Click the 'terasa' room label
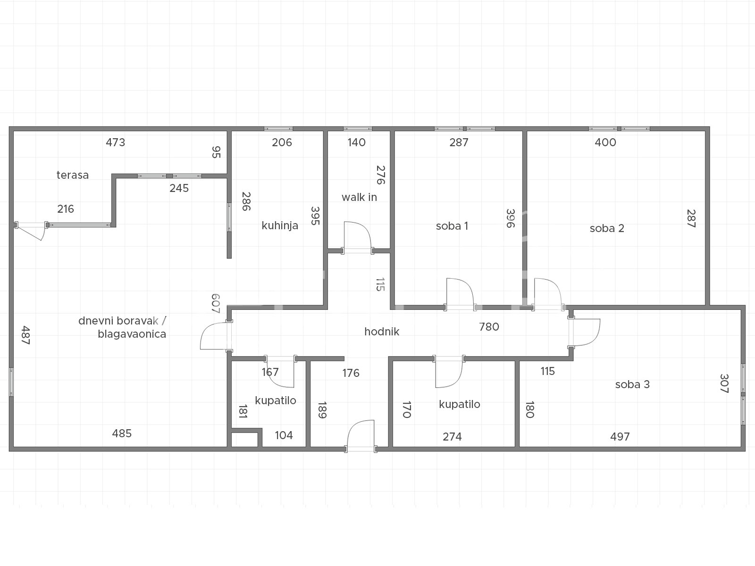73,175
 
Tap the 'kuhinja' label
280,225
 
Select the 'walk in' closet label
359,197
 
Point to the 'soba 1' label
452,226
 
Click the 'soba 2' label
607,228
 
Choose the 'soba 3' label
632,384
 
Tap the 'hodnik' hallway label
382,332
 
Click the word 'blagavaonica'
132,334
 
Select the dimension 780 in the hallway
489,326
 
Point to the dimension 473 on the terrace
115,142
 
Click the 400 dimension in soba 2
605,142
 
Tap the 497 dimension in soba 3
620,436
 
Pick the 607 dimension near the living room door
215,303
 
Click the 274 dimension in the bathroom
452,436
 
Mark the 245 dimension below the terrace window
179,188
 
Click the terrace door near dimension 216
31,230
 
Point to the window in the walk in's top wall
358,129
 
